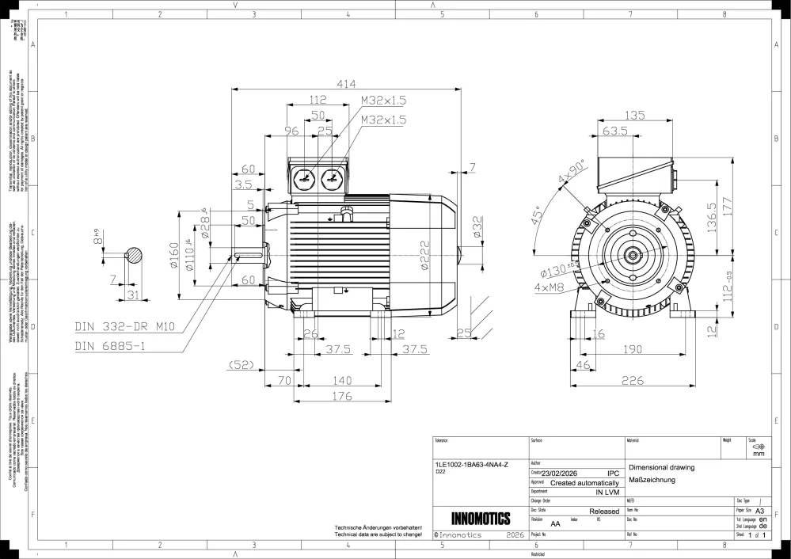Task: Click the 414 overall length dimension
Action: point(346,83)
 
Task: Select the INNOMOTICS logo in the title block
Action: point(481,519)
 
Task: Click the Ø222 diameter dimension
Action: point(425,257)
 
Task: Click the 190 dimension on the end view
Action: point(631,349)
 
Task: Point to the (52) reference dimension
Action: point(239,364)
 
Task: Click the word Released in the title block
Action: point(604,511)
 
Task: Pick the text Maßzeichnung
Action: point(650,481)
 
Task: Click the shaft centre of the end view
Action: point(633,255)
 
